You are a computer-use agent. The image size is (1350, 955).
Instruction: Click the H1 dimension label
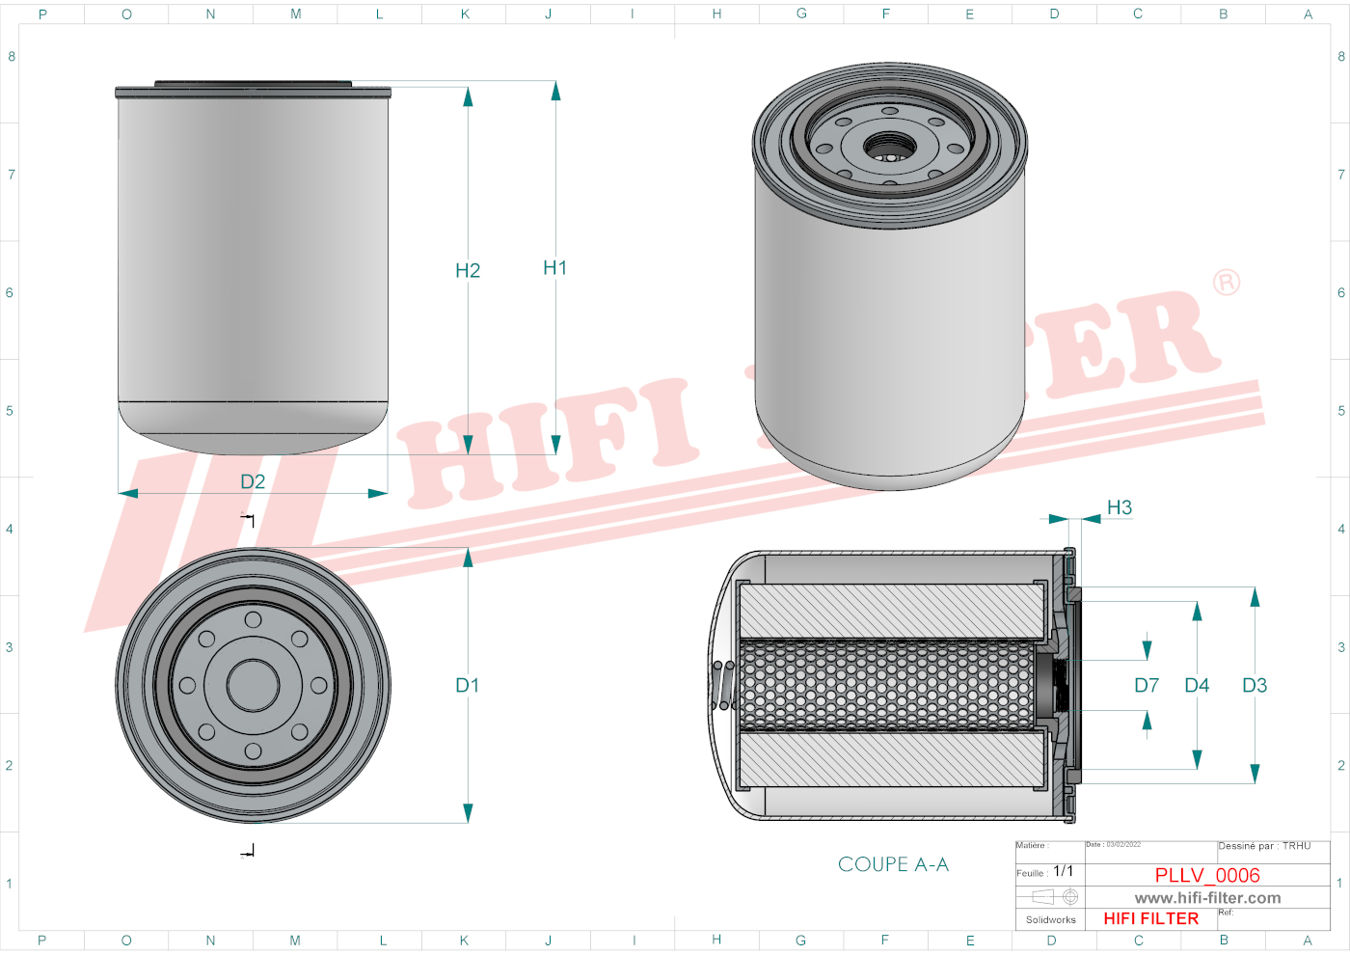coord(554,268)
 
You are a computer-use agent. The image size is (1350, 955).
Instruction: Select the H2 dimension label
coord(468,271)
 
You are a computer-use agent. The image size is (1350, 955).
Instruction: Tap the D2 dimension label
coord(253,481)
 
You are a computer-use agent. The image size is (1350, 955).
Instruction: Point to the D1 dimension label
coord(468,686)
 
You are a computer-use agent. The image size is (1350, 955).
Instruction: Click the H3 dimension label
coord(1120,507)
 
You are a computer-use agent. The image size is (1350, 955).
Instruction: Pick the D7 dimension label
coord(1147,686)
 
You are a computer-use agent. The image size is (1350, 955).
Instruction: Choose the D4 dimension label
coord(1197,686)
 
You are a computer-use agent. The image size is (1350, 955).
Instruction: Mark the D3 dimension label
coord(1255,686)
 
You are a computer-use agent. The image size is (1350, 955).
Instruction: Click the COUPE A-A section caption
coord(893,864)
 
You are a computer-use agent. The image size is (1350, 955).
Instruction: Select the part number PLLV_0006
coord(1207,875)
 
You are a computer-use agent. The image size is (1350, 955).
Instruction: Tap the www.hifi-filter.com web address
coord(1207,898)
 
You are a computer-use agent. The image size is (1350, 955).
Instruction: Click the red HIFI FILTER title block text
coord(1150,918)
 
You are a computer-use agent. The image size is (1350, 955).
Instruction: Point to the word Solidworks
coord(1050,920)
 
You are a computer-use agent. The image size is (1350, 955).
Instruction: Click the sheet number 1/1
coord(1063,871)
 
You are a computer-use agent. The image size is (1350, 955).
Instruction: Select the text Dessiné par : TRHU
coord(1264,846)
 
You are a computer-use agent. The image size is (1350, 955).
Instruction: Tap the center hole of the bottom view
coord(253,686)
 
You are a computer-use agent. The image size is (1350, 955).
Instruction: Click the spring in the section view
coord(723,685)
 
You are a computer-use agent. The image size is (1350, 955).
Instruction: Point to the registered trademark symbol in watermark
coord(1227,283)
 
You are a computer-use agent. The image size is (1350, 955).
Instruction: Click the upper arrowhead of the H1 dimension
coord(555,91)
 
